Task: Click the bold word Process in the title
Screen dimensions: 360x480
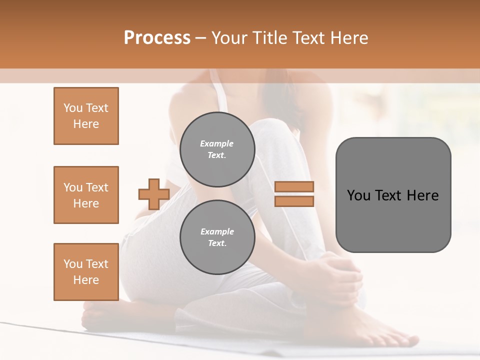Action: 157,37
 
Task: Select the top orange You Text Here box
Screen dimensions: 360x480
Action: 86,116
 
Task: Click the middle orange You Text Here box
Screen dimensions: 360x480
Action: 86,195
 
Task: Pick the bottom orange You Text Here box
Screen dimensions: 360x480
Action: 86,271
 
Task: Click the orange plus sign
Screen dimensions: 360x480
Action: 154,194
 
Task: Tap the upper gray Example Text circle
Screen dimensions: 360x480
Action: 217,149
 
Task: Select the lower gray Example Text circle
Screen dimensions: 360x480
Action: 217,237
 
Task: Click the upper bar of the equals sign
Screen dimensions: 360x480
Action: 294,186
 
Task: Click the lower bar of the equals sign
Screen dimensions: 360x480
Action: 294,201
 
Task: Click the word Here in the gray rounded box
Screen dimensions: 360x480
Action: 423,195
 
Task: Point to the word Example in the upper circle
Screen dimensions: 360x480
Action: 217,143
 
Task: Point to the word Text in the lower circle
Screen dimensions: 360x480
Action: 217,243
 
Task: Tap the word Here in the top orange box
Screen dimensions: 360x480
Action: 86,124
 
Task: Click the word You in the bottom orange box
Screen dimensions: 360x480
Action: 72,263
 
